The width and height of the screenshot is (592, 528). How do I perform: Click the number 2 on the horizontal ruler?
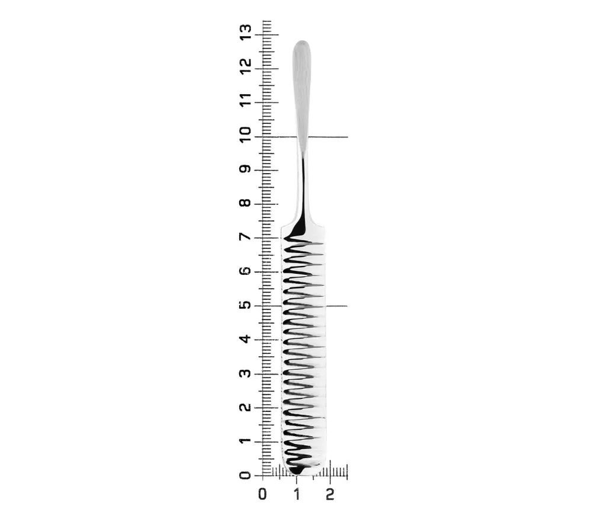coord(330,493)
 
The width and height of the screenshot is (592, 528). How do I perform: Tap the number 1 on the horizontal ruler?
coord(297,493)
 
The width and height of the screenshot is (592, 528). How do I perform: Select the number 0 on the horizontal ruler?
coord(263,493)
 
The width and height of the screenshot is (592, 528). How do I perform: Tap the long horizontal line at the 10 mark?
coord(329,137)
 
